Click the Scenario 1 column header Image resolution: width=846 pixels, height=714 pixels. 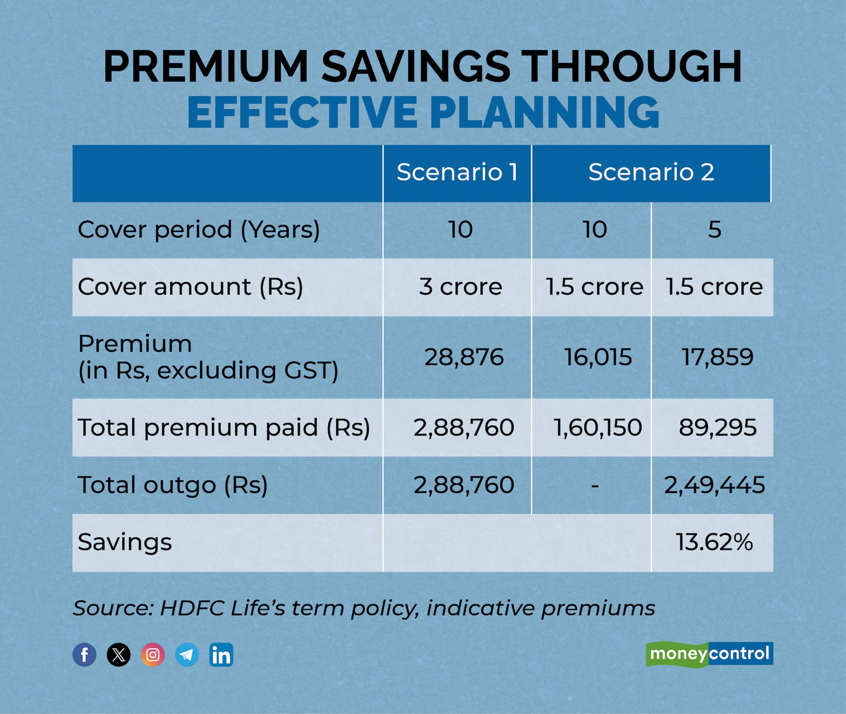(457, 172)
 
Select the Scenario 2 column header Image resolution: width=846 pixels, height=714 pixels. (651, 172)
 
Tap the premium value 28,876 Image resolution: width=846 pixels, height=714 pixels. (464, 357)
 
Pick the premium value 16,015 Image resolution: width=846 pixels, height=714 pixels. (598, 357)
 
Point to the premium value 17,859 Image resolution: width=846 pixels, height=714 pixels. (718, 357)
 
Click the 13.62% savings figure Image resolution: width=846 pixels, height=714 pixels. (714, 542)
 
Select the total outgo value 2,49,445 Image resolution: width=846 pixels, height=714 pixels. (714, 484)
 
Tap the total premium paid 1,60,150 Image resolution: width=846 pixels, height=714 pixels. (597, 427)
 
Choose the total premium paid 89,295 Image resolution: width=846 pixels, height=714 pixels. (718, 427)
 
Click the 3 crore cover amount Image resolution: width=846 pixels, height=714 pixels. (460, 287)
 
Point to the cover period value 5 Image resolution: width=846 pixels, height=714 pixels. (714, 229)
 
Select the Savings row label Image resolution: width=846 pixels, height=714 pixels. (125, 542)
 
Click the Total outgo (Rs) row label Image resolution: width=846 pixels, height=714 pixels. (173, 484)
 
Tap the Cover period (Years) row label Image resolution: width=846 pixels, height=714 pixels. (199, 229)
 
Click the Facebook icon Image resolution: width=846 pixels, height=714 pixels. (84, 655)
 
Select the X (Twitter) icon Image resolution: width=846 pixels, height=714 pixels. (119, 655)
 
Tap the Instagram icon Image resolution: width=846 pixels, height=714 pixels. (153, 655)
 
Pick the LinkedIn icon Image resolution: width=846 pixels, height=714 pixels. (221, 655)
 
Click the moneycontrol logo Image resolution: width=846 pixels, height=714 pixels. (709, 654)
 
